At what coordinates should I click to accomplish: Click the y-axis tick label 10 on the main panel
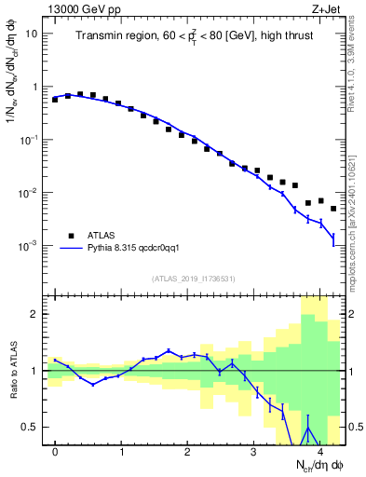[32, 34]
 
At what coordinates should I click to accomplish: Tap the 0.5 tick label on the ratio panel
[31, 427]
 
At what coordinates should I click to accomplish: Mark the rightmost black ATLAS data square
[333, 209]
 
